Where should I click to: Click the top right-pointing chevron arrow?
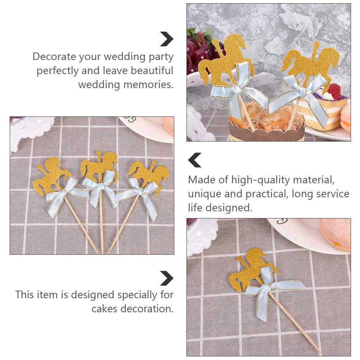(x=167, y=39)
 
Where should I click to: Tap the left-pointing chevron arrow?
(x=195, y=160)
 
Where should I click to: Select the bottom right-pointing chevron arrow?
(x=167, y=278)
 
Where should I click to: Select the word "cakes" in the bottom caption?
(x=105, y=309)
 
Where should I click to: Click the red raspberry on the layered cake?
(x=334, y=91)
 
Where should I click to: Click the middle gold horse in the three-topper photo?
(x=99, y=166)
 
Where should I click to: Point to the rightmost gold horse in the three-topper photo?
(x=151, y=173)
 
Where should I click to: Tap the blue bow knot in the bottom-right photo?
(x=266, y=287)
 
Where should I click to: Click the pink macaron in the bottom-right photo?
(x=336, y=234)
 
